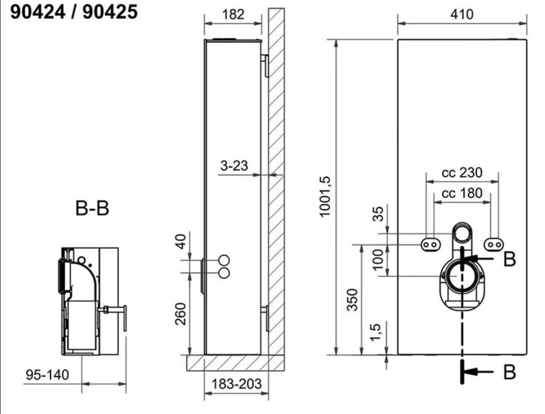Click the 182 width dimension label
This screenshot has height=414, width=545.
pyautogui.click(x=233, y=14)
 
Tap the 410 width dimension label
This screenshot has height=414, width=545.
pyautogui.click(x=462, y=14)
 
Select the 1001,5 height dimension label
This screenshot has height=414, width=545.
pyautogui.click(x=325, y=197)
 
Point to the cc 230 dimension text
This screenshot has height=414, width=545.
pyautogui.click(x=462, y=172)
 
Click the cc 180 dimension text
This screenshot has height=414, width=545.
pyautogui.click(x=462, y=193)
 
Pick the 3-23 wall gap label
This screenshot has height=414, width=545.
pyautogui.click(x=234, y=165)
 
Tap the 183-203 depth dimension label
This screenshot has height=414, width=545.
pyautogui.click(x=236, y=384)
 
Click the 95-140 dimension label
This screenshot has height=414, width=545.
pyautogui.click(x=47, y=375)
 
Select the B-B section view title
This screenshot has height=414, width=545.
pyautogui.click(x=92, y=208)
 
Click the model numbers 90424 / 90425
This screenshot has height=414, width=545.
pyautogui.click(x=74, y=12)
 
